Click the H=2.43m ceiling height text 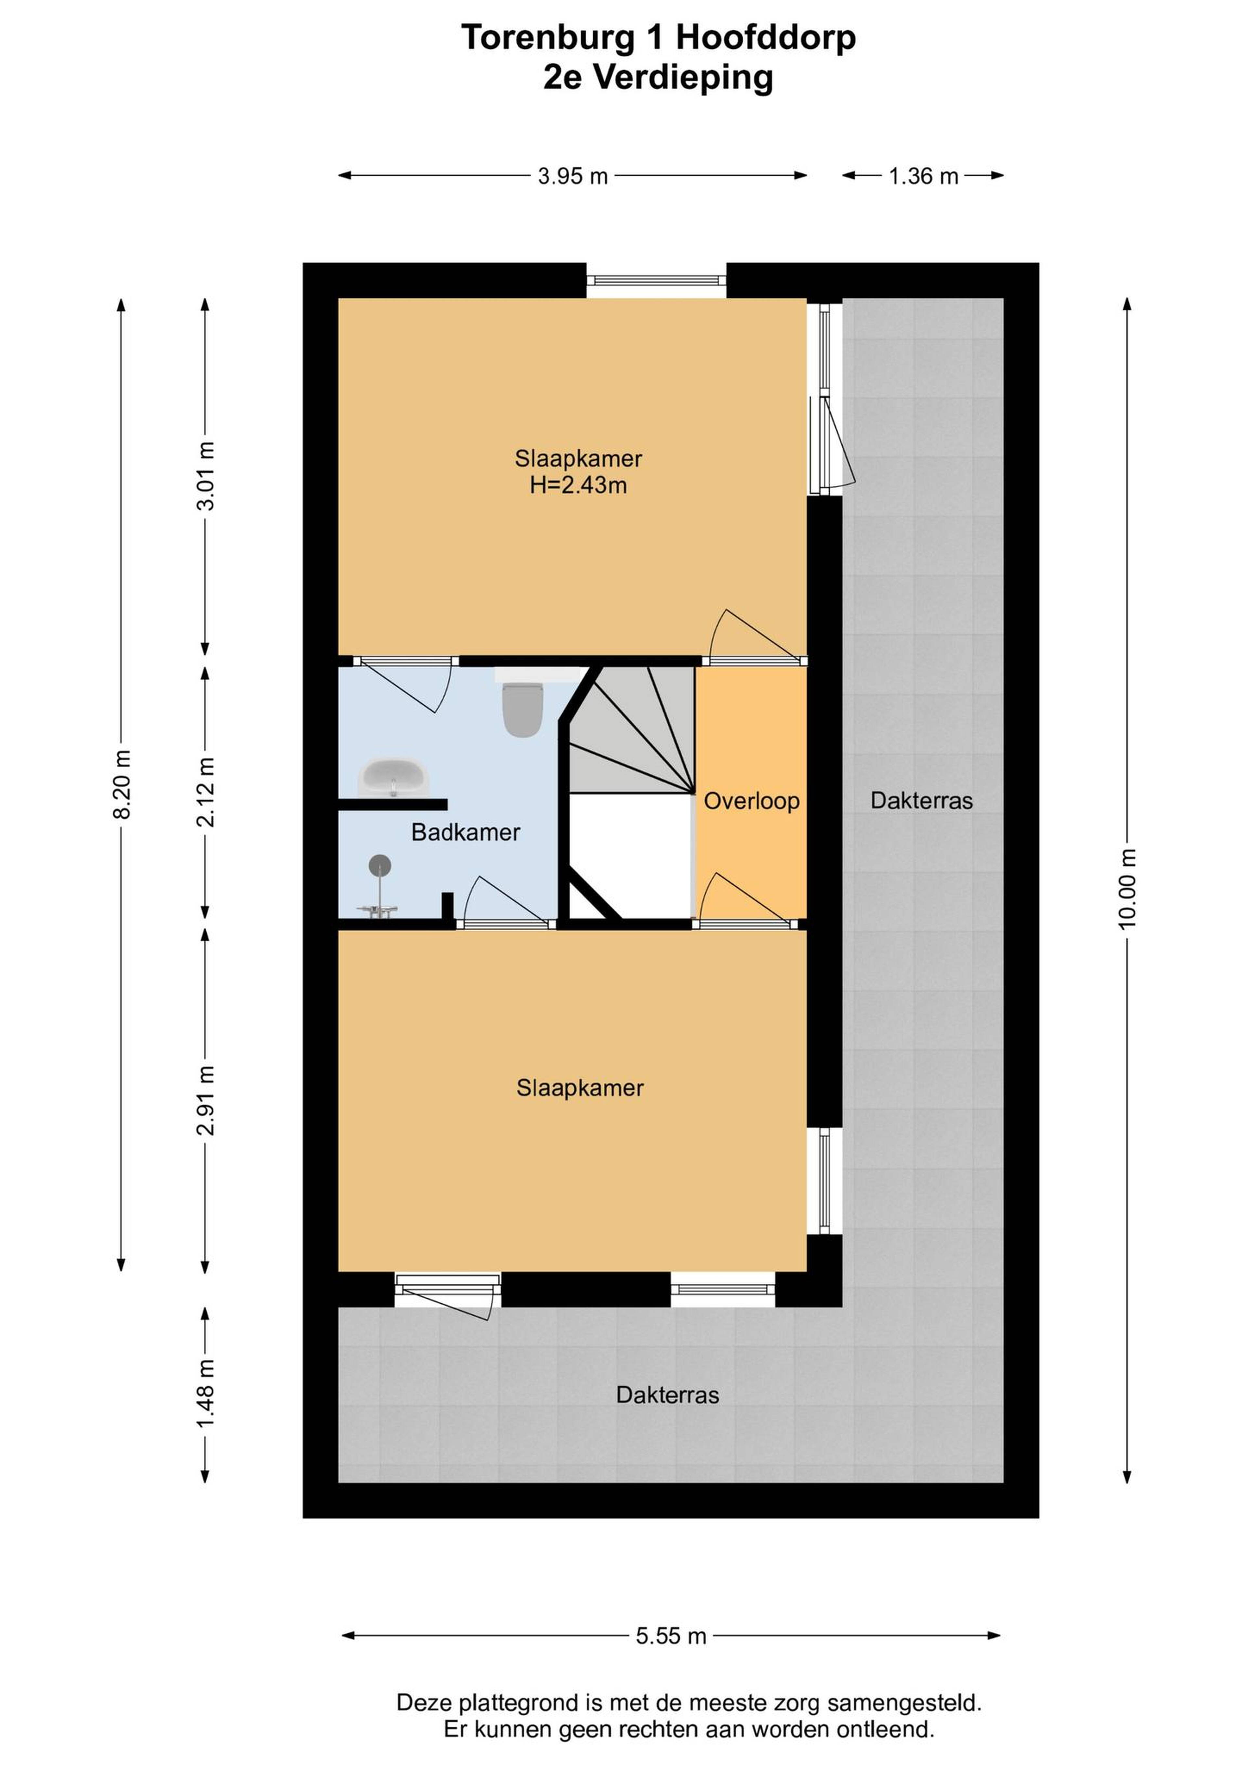[578, 485]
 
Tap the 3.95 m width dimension [573, 176]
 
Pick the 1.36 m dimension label [924, 176]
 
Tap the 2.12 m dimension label [205, 792]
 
